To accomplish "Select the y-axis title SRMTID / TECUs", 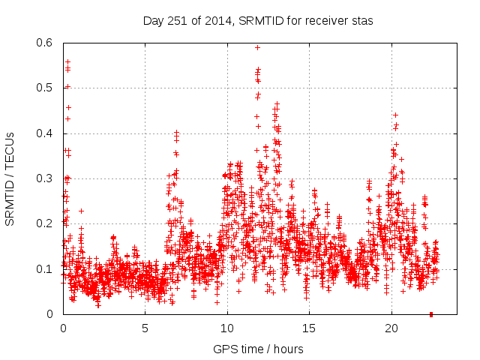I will point(10,178).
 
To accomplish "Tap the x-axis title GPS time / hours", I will point(258,349).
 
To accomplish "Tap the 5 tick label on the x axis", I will point(145,328).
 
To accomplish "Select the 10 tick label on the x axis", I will point(227,328).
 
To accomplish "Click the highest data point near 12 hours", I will point(257,47).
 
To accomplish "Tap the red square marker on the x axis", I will point(431,314).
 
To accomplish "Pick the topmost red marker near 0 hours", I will point(67,61).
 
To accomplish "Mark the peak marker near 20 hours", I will point(395,115).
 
